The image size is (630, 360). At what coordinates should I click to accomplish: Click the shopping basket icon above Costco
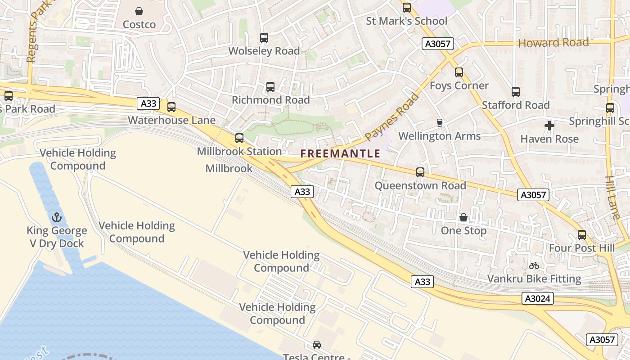coord(139,11)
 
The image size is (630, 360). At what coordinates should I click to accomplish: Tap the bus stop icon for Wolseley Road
coord(264,38)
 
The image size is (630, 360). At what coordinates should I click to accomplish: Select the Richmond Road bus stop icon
coord(270,87)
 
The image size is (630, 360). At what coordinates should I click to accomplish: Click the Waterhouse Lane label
coord(171,120)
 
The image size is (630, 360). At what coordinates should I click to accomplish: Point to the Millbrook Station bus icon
coord(239,138)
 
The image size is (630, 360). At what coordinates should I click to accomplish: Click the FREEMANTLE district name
coord(340,154)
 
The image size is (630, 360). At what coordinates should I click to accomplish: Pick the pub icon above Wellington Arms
coord(440,122)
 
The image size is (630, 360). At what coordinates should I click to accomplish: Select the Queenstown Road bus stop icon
coord(420,172)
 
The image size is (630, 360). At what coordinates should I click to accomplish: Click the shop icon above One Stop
coord(463,218)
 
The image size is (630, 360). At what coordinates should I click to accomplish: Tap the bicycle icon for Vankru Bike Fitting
coord(534,265)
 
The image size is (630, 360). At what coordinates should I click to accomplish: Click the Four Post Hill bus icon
coord(582,235)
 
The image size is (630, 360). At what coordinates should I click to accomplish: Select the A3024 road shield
coord(538,299)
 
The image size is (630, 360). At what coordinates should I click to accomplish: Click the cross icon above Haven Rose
coord(549,126)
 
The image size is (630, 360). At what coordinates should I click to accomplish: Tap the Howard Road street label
coord(553,43)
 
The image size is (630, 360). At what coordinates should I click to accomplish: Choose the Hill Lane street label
coord(612,197)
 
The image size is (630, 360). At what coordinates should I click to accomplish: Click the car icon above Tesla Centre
coord(317,345)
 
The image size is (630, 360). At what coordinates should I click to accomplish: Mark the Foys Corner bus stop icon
coord(459,72)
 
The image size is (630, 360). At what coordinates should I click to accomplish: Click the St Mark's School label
coord(406,21)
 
